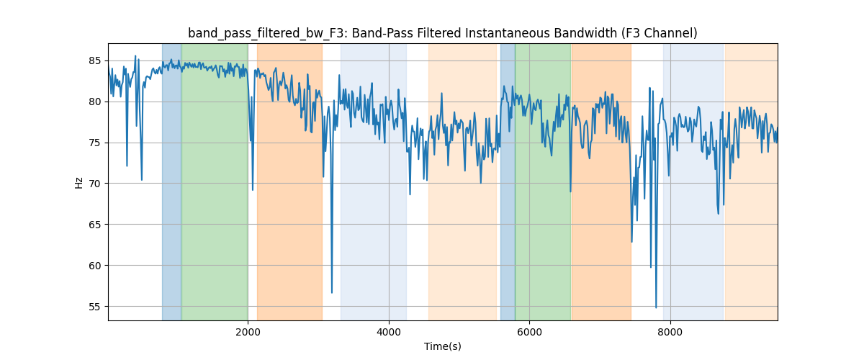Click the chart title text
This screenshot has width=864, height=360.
(442, 33)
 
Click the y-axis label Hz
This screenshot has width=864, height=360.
(79, 182)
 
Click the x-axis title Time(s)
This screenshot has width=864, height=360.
(442, 346)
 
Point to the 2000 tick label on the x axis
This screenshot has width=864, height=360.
(248, 332)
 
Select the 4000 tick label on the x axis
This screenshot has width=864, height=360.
(389, 332)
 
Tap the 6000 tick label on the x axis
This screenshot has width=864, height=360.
(529, 332)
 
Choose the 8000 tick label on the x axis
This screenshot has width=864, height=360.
(670, 332)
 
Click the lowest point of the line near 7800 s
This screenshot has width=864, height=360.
(656, 307)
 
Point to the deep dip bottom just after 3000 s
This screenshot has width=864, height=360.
(332, 292)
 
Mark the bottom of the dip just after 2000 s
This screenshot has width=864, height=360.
(253, 189)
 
